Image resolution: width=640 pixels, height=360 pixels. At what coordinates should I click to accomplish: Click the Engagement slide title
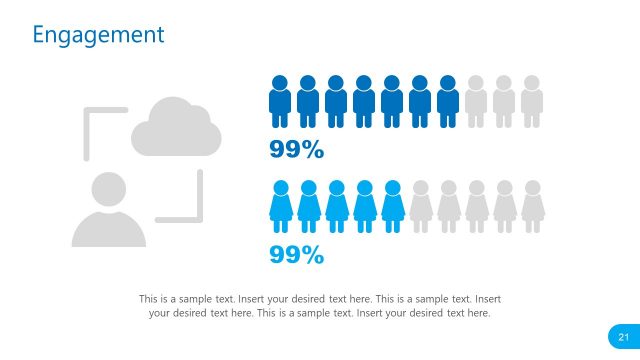click(97, 35)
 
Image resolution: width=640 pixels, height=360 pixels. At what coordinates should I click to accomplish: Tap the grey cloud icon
click(176, 127)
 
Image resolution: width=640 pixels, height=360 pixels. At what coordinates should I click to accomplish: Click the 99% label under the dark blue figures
click(297, 151)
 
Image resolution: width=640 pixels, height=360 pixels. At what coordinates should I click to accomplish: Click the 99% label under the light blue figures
click(297, 255)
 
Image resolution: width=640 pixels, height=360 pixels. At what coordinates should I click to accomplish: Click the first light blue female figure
click(280, 205)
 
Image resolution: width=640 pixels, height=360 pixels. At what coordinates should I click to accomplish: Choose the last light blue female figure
click(392, 205)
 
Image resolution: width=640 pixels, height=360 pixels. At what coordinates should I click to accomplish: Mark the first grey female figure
click(420, 205)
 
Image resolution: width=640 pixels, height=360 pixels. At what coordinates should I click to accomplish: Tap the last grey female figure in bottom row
click(532, 205)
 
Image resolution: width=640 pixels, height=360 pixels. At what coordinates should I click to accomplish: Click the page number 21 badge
click(623, 335)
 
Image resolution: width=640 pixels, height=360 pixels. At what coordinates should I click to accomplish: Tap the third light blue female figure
click(336, 205)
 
